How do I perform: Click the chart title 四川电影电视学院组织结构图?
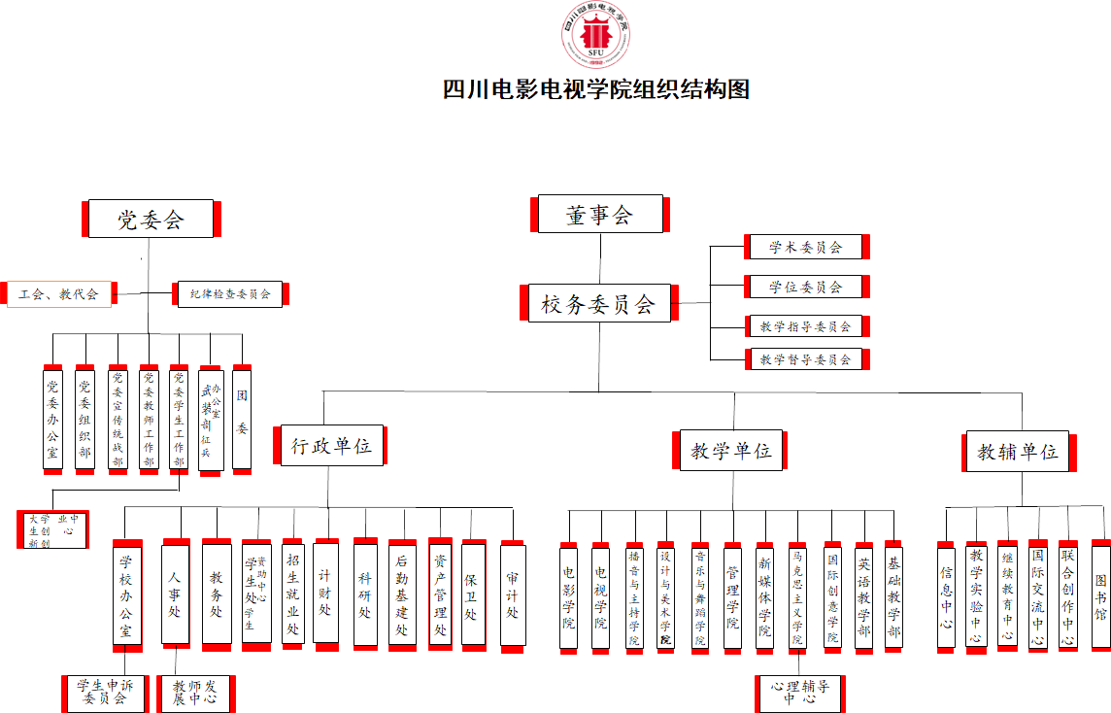tap(596, 89)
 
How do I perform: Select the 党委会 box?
tap(151, 219)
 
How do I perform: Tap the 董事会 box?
tap(599, 215)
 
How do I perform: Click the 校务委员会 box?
tap(598, 304)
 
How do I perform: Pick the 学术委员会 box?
tap(806, 247)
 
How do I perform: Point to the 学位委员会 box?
tap(806, 287)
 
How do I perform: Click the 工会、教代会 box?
tap(59, 293)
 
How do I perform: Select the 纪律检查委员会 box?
tap(230, 293)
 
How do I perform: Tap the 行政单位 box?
tap(331, 446)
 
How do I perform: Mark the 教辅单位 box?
tap(1017, 451)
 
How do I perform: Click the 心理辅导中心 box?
tap(800, 693)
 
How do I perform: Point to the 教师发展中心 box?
tap(195, 693)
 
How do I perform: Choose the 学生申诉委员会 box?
tap(105, 692)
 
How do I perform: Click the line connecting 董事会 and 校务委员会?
tap(599, 258)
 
